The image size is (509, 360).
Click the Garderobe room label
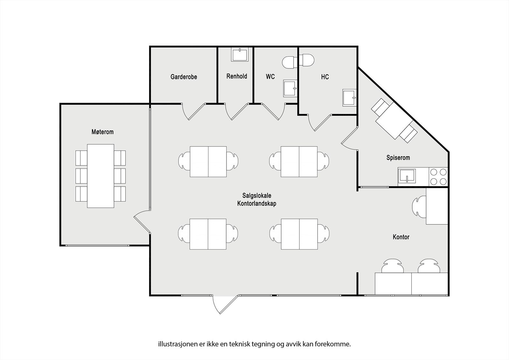pyautogui.click(x=184, y=77)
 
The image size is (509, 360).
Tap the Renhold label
pyautogui.click(x=237, y=76)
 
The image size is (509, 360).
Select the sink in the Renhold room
pyautogui.click(x=240, y=55)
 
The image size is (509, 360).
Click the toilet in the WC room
pyautogui.click(x=289, y=62)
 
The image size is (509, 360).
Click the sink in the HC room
pyautogui.click(x=349, y=98)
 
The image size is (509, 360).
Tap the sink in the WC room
pyautogui.click(x=290, y=88)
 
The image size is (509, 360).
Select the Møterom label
pyautogui.click(x=102, y=132)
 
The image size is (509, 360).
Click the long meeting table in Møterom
pyautogui.click(x=101, y=176)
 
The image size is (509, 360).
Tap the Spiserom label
pyautogui.click(x=398, y=158)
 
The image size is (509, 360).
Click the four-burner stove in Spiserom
pyautogui.click(x=438, y=177)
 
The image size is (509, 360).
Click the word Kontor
pyautogui.click(x=401, y=237)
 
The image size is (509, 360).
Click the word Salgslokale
pyautogui.click(x=256, y=196)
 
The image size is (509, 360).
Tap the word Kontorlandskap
pyautogui.click(x=256, y=203)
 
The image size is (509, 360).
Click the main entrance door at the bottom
pyautogui.click(x=225, y=304)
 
